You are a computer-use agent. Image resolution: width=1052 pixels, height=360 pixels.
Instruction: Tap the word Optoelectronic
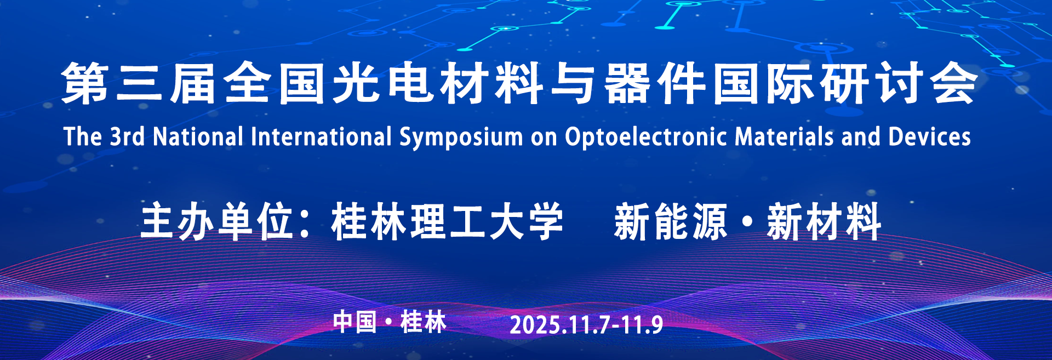tap(645, 137)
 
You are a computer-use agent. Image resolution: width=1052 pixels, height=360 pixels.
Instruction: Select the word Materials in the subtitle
tap(784, 136)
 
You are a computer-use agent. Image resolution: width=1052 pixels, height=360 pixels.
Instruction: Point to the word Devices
tap(929, 136)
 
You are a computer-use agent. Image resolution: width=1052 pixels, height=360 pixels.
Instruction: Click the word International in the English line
tap(321, 136)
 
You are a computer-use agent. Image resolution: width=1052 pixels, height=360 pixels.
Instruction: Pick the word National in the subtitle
tap(198, 136)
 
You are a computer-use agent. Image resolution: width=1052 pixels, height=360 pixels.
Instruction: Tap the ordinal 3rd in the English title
tap(127, 136)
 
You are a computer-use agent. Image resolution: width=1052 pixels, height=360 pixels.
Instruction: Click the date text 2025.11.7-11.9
tap(586, 325)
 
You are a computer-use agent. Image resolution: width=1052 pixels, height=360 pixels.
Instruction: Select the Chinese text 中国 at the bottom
tap(355, 322)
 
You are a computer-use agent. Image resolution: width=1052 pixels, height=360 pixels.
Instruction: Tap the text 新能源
tap(670, 221)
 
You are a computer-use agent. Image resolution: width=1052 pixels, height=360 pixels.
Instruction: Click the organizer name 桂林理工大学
tap(447, 221)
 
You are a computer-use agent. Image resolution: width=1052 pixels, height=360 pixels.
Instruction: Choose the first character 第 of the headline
tap(84, 83)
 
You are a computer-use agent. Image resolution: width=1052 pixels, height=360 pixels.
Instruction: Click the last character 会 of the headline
tap(954, 83)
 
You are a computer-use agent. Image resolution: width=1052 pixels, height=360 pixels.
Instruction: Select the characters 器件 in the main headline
tap(655, 83)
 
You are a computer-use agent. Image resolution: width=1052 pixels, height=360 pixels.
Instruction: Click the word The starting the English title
tap(83, 136)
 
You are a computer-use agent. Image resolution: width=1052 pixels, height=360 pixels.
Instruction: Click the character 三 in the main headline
tap(139, 83)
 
